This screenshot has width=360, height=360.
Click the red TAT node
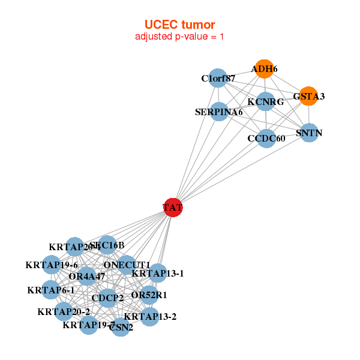pyautogui.click(x=173, y=208)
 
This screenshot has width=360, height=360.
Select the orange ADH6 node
pyautogui.click(x=263, y=69)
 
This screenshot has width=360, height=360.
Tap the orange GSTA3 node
pyautogui.click(x=308, y=96)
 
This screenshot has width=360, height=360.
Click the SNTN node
pyautogui.click(x=308, y=133)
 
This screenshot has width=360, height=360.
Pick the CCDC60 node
pyautogui.click(x=266, y=139)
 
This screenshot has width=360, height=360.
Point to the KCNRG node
pyautogui.click(x=265, y=102)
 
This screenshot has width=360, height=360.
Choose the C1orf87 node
pyautogui.click(x=218, y=78)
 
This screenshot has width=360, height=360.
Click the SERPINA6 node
pyautogui.click(x=219, y=112)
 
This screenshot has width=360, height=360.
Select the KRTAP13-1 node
pyautogui.click(x=157, y=274)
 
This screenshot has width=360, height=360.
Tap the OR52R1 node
pyautogui.click(x=150, y=295)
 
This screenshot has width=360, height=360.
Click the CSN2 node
pyautogui.click(x=121, y=327)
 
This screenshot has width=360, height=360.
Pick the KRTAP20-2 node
pyautogui.click(x=64, y=311)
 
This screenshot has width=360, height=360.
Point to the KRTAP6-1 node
pyautogui.click(x=51, y=290)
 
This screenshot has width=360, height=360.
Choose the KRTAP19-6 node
pyautogui.click(x=52, y=265)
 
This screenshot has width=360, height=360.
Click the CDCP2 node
pyautogui.click(x=107, y=298)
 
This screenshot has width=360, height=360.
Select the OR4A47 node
pyautogui.click(x=87, y=277)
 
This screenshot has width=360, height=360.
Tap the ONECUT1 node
pyautogui.click(x=127, y=265)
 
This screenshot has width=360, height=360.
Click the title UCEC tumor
pyautogui.click(x=179, y=24)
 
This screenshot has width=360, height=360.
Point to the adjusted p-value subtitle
pyautogui.click(x=179, y=37)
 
